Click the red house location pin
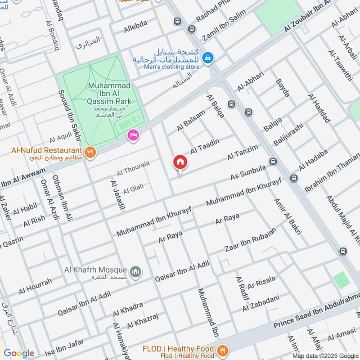coord(180,162)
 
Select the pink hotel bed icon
coord(133,135)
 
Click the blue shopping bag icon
coord(207,57)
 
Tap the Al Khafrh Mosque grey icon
coord(135,272)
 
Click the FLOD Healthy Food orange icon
coord(221,350)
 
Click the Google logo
coord(19,353)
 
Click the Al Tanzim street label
coord(243,152)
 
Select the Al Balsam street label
coord(191,121)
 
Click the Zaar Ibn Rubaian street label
coord(250,239)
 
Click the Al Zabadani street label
coord(261,303)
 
